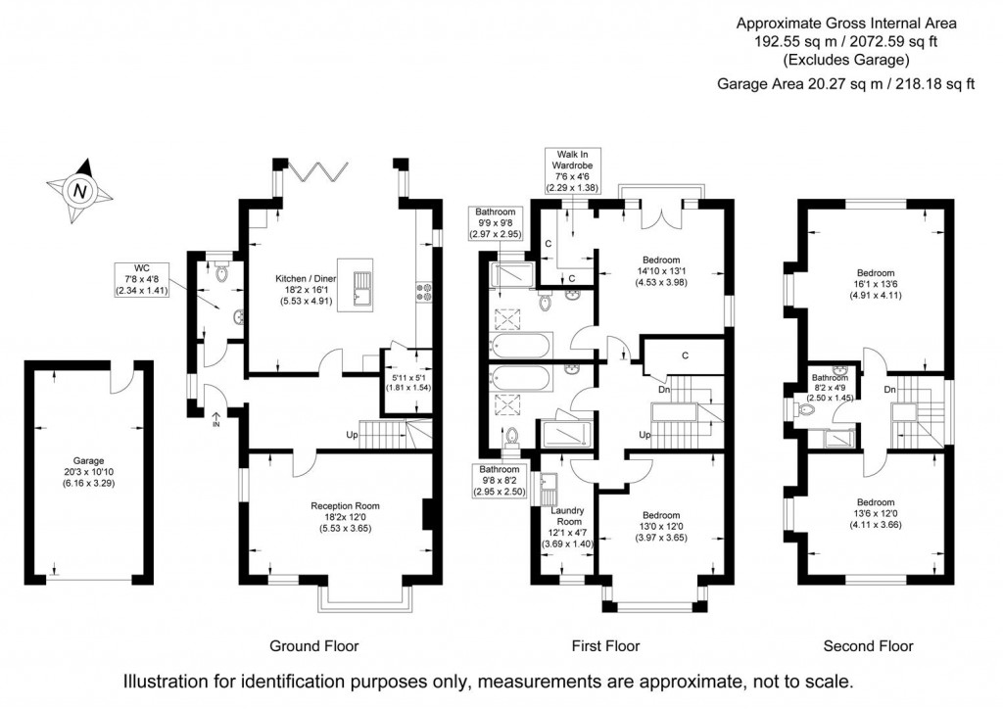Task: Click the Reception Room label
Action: [x=345, y=516]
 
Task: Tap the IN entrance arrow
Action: [x=215, y=419]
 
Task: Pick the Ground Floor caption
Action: [x=313, y=645]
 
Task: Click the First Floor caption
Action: [x=605, y=645]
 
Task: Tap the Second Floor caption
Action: [x=867, y=645]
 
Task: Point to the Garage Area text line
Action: [x=846, y=84]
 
